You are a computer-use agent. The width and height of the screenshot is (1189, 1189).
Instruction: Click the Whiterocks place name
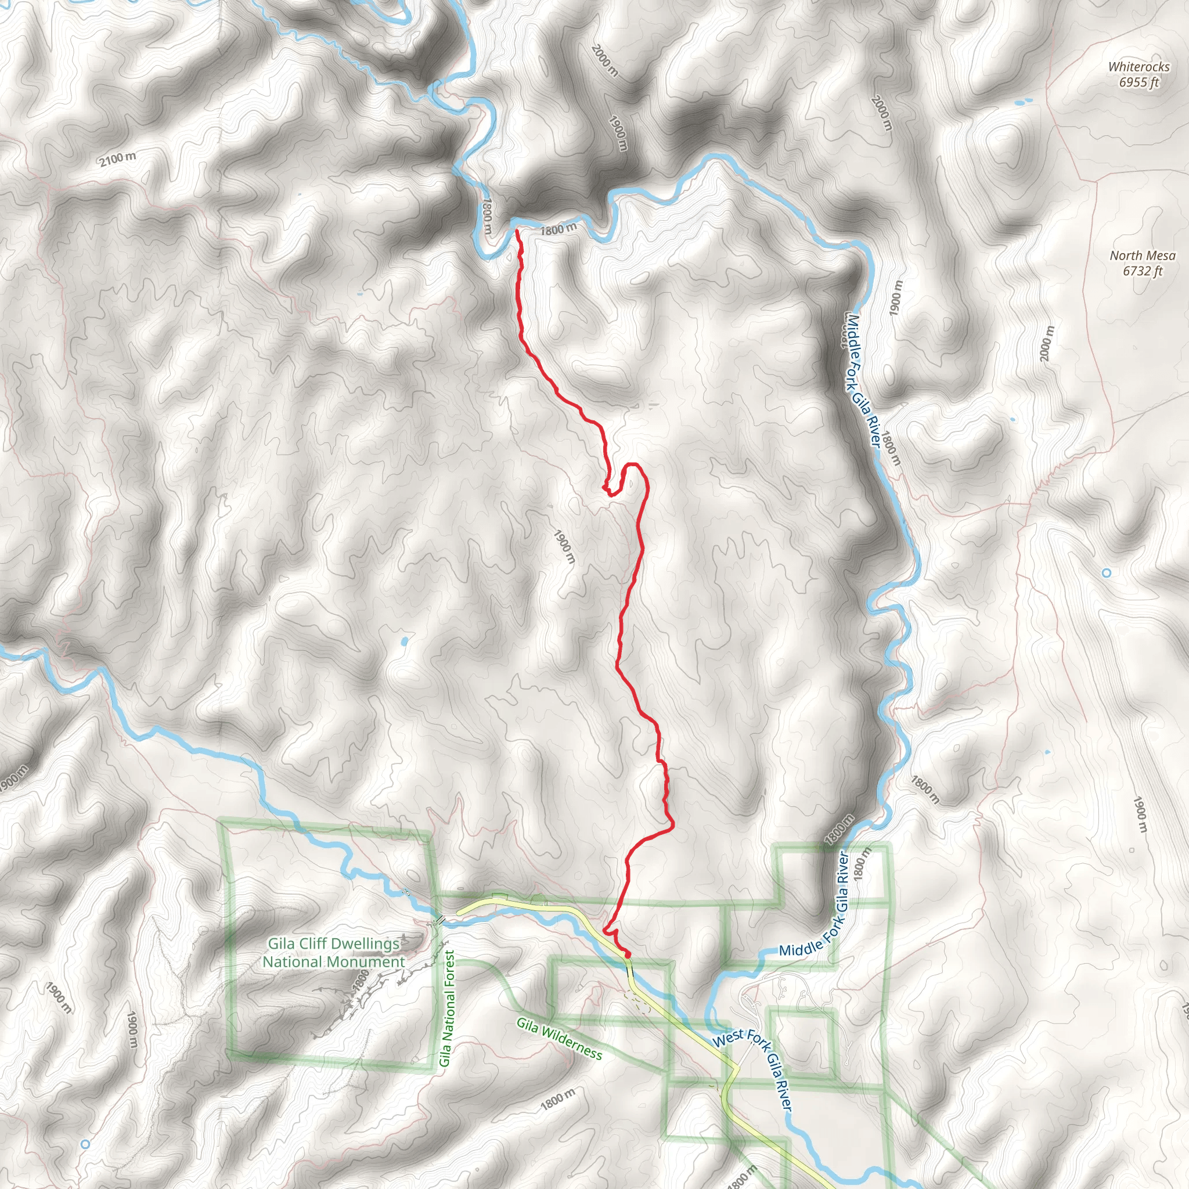point(1138,66)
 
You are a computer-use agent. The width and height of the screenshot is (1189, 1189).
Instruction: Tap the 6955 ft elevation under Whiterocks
point(1138,82)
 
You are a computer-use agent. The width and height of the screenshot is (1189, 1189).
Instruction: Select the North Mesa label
point(1142,255)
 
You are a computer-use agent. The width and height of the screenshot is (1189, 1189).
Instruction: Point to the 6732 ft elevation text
point(1142,271)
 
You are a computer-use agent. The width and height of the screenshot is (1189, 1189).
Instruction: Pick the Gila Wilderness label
point(559,1038)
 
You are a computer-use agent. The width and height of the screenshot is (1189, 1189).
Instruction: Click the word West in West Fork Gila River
point(727,1039)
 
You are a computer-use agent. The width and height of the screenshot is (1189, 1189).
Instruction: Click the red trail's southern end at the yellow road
point(627,954)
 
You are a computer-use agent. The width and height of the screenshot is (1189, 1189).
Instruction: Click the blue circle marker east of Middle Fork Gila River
point(1107,573)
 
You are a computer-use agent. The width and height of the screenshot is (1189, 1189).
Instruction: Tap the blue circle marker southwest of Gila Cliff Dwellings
point(85,1144)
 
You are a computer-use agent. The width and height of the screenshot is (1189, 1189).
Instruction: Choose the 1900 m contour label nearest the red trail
point(564,546)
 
